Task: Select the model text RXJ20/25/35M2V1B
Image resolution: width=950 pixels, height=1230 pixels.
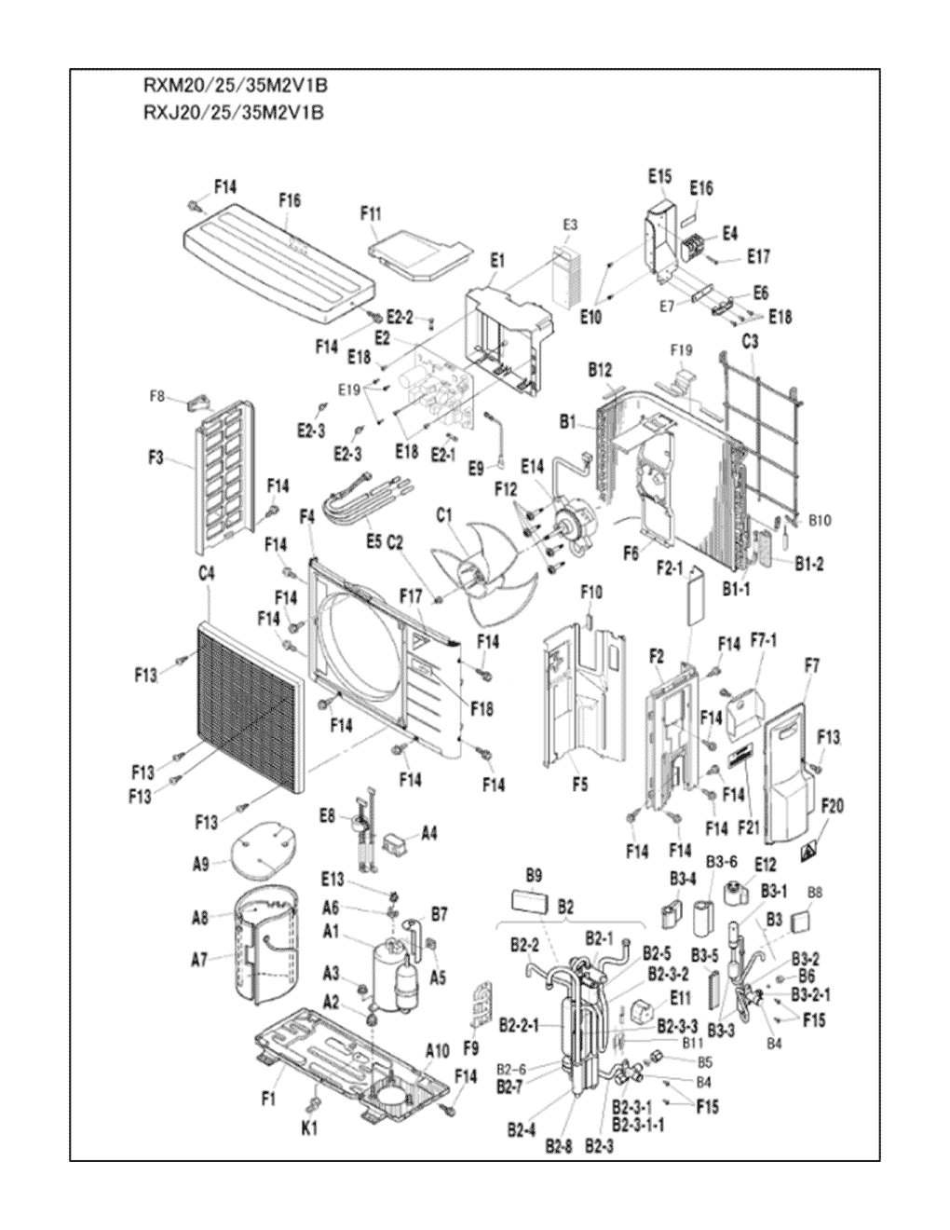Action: [233, 114]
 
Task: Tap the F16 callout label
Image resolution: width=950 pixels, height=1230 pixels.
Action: [290, 200]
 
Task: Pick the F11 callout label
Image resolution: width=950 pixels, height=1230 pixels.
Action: [371, 214]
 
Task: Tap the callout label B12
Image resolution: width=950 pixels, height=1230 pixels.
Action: [600, 371]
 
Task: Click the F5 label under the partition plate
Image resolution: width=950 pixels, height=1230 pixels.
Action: [579, 785]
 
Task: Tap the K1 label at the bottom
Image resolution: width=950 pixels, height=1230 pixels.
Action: [310, 1128]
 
